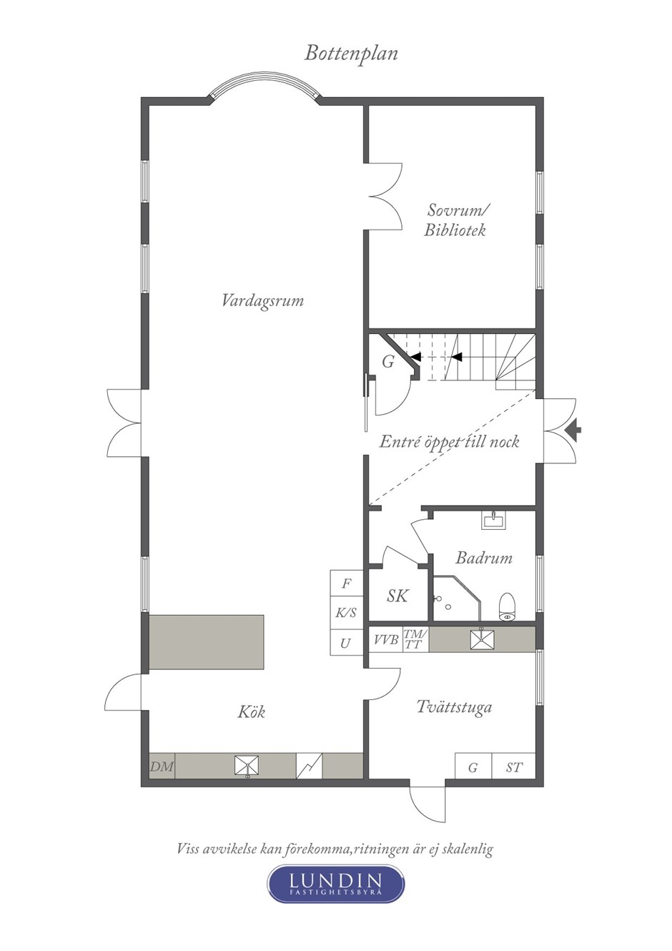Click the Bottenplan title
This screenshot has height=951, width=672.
point(350,54)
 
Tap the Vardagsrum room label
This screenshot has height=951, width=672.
point(263,301)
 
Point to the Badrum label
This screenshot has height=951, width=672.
point(484,558)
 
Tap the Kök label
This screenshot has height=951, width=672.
point(252,711)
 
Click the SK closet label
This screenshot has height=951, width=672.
point(397,596)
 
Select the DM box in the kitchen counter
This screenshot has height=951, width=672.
point(162,766)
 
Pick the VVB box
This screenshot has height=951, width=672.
point(385,639)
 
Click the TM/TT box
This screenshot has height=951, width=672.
point(415,639)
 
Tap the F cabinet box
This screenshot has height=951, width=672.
point(347,583)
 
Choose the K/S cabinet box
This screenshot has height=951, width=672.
point(347,613)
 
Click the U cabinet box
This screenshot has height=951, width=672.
point(347,643)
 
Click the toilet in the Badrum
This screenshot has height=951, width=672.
point(506,606)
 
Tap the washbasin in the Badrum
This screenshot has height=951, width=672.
point(493,520)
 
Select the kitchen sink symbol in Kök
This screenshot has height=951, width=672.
point(247,767)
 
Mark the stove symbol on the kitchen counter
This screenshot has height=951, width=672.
point(309,766)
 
